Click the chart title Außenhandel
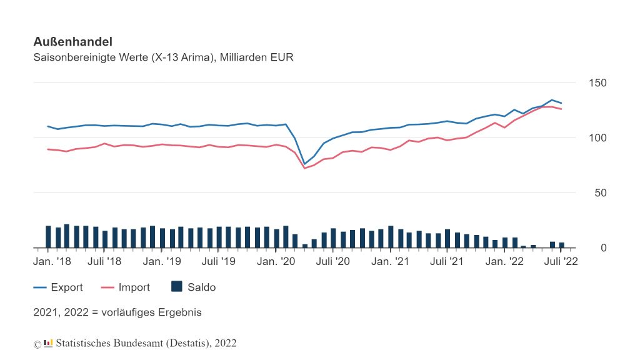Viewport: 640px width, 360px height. pyautogui.click(x=72, y=42)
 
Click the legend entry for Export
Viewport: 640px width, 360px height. pyautogui.click(x=67, y=287)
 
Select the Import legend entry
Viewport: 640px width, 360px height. pyautogui.click(x=134, y=287)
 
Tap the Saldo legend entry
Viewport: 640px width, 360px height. pyautogui.click(x=201, y=287)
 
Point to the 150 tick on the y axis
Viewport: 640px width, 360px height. pyautogui.click(x=597, y=83)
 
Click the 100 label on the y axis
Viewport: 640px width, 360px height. pyautogui.click(x=597, y=137)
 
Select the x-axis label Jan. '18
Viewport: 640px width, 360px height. pyautogui.click(x=52, y=261)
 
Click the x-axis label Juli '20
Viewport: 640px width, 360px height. pyautogui.click(x=334, y=261)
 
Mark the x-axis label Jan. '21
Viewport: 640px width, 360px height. pyautogui.click(x=391, y=261)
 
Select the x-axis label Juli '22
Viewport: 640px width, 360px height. pyautogui.click(x=562, y=261)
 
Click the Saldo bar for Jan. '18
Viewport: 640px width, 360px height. pyautogui.click(x=48, y=237)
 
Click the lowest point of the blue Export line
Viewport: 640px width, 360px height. pyautogui.click(x=305, y=164)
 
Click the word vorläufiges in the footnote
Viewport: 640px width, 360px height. pyautogui.click(x=124, y=311)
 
